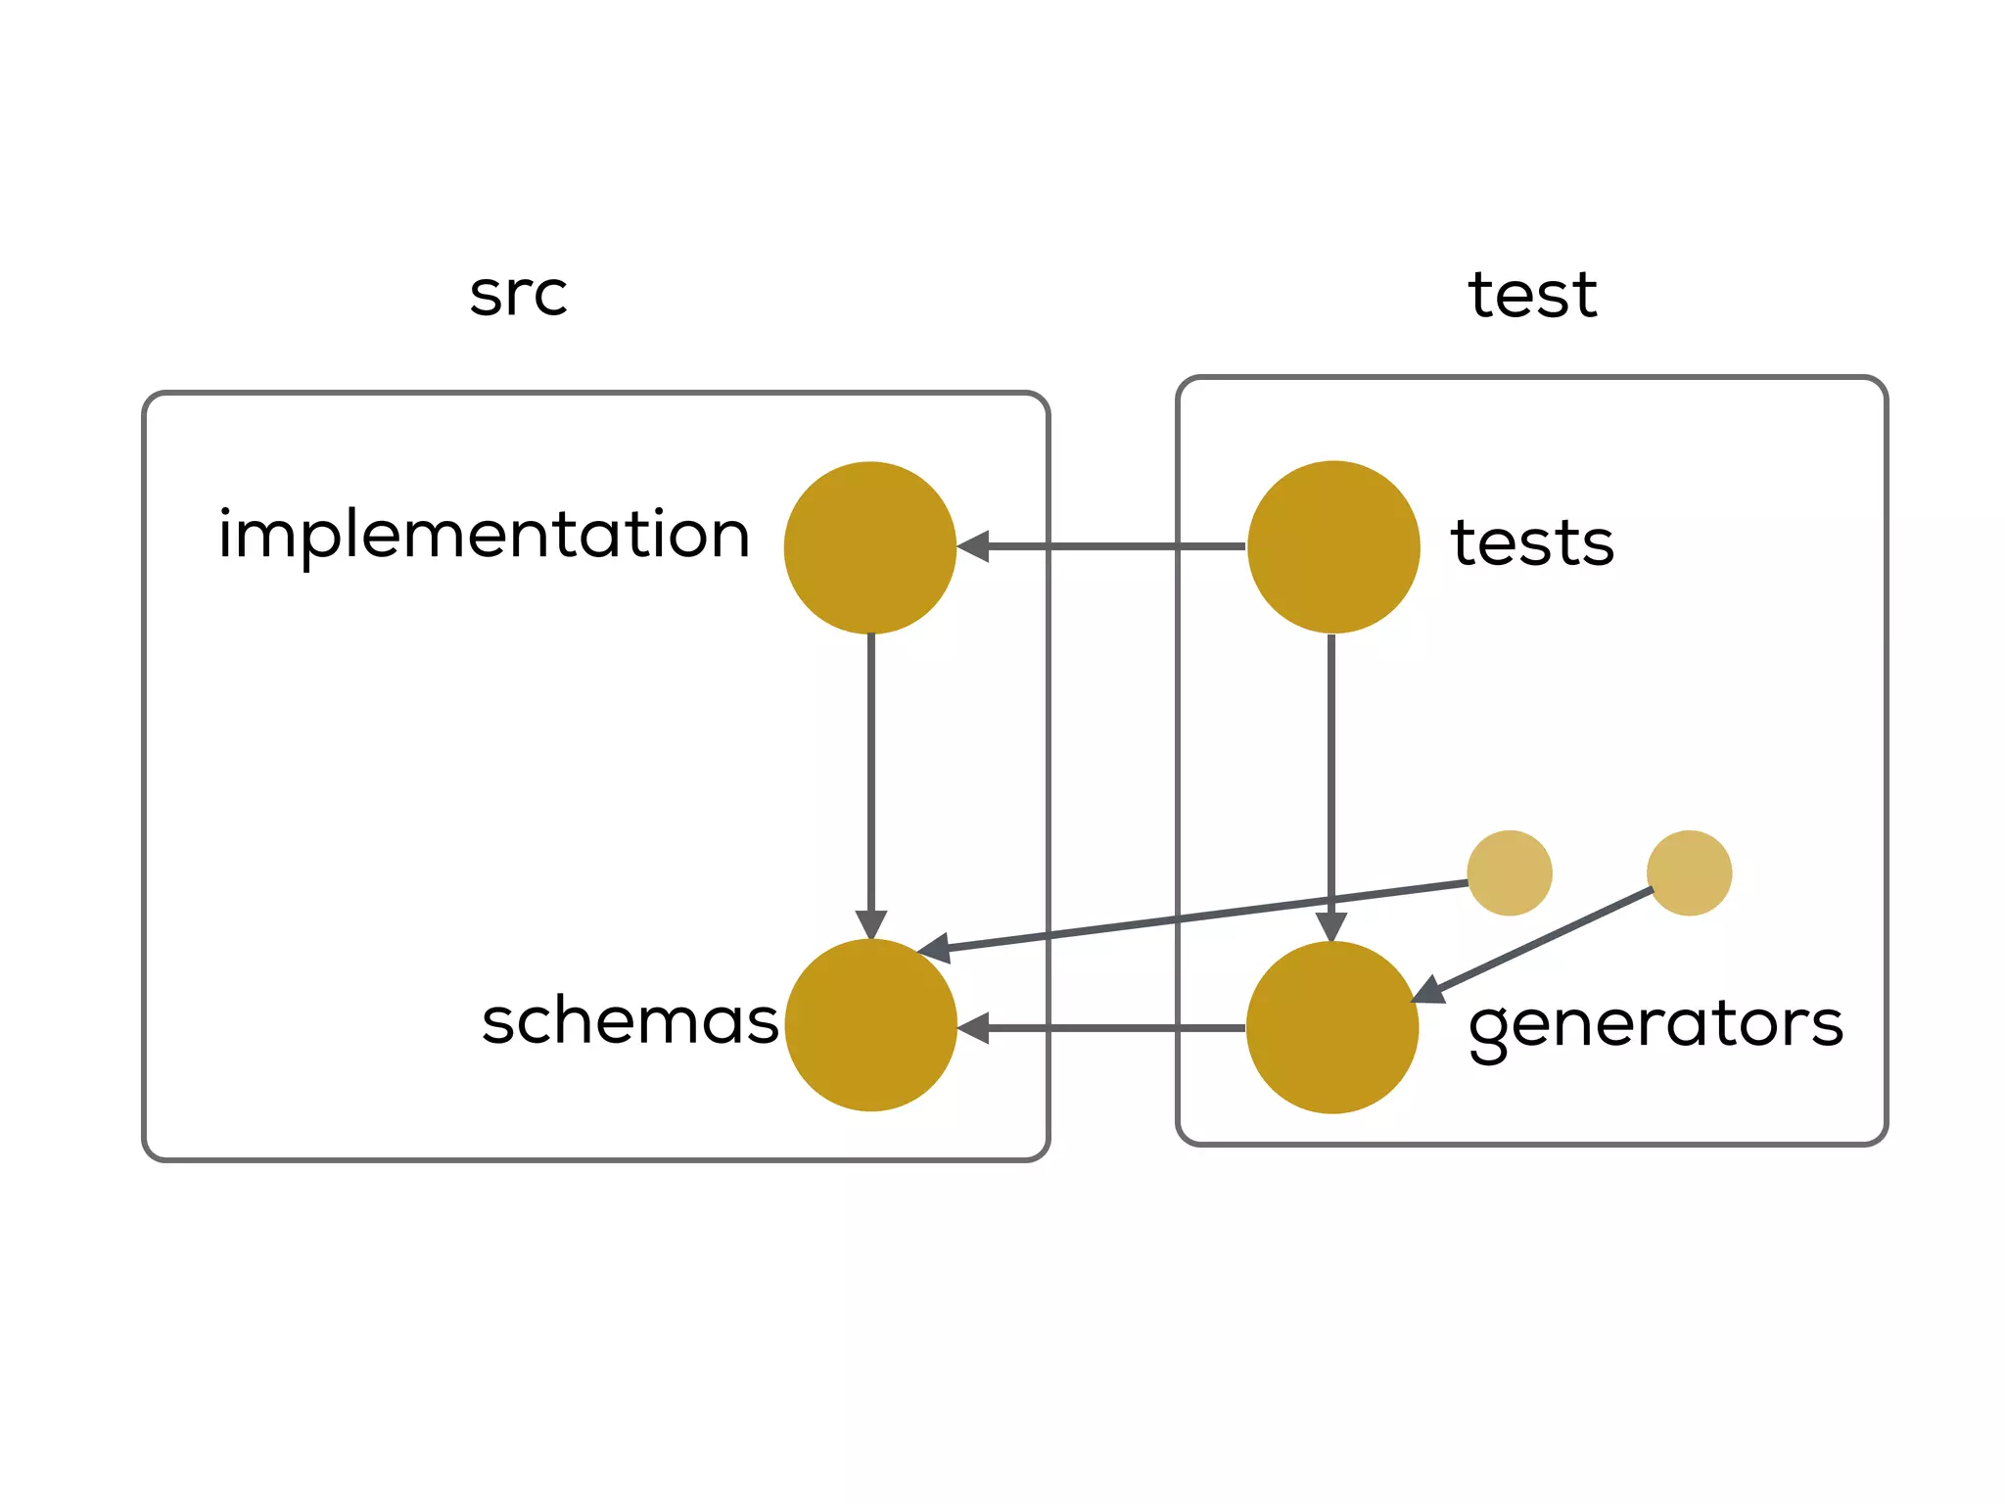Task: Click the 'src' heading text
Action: (x=518, y=294)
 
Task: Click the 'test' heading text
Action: (x=1532, y=294)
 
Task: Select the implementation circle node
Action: (x=870, y=547)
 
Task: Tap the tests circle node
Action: (x=1333, y=547)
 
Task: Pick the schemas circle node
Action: (x=870, y=1025)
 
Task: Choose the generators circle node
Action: (x=1332, y=1027)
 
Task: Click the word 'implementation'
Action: (x=484, y=536)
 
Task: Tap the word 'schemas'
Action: (x=629, y=1021)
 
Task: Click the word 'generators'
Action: (x=1655, y=1025)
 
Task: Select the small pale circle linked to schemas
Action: (x=1510, y=872)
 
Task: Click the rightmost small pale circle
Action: (x=1689, y=872)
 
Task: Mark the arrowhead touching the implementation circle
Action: (x=974, y=546)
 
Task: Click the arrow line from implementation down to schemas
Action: (x=870, y=774)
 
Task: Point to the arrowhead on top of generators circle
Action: (x=1331, y=926)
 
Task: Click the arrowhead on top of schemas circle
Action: (x=870, y=924)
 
